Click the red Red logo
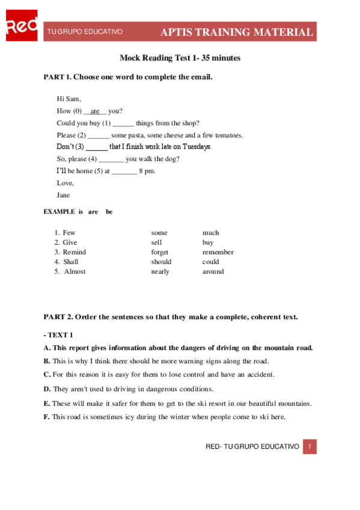click(21, 26)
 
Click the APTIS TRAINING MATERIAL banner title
click(236, 32)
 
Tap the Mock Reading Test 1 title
click(180, 58)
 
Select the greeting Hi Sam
click(69, 99)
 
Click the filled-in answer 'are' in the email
click(95, 111)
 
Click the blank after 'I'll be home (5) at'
click(124, 171)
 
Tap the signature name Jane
click(63, 195)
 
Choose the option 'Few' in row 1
click(69, 233)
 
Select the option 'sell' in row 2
click(156, 242)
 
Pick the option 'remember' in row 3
click(218, 252)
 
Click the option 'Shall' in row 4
click(70, 262)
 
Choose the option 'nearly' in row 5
click(160, 271)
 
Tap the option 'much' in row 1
click(210, 233)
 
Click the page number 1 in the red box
click(310, 447)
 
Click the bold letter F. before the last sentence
click(47, 417)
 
